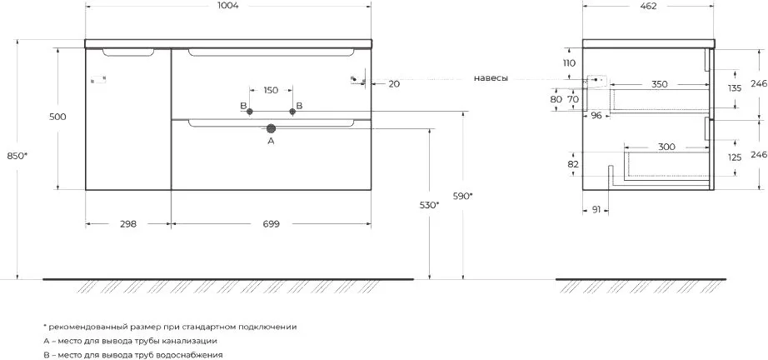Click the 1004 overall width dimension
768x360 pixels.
[229, 6]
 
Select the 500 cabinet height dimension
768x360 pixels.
[57, 117]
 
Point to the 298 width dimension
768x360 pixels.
[127, 224]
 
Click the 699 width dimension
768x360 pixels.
[271, 224]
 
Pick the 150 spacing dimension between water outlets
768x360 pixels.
[271, 90]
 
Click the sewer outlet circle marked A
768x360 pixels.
[271, 128]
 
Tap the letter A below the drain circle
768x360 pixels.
[271, 141]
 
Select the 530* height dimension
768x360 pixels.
[430, 205]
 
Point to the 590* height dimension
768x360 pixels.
[463, 196]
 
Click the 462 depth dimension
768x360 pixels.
[648, 6]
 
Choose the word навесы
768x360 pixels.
[491, 77]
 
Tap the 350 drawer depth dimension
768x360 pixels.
[660, 84]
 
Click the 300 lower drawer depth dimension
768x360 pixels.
[666, 147]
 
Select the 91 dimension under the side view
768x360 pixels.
[596, 210]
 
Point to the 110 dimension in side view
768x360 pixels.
[569, 62]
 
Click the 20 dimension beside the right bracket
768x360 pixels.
[394, 84]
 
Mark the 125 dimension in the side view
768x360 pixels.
[736, 157]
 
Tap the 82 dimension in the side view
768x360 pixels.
[573, 164]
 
